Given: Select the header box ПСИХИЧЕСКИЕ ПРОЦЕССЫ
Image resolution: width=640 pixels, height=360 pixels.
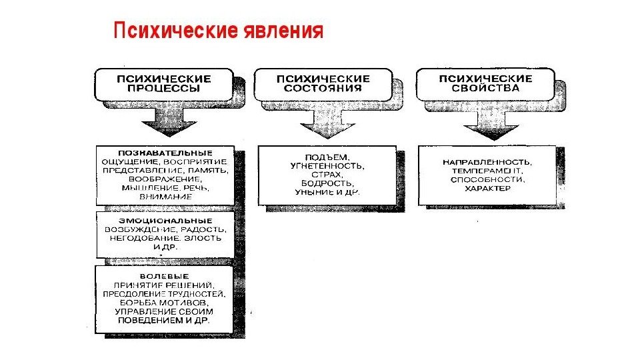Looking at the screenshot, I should [163, 83].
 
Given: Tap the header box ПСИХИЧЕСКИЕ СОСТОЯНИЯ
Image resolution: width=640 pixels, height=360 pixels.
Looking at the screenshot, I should [323, 83].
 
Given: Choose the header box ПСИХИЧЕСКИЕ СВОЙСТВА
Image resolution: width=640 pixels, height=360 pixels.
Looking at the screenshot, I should [485, 83].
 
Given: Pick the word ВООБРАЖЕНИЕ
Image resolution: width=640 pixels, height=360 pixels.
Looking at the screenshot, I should [164, 179].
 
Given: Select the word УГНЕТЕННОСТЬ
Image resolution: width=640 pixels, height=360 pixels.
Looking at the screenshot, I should [327, 164].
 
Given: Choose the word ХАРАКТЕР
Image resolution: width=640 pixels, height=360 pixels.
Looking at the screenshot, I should [488, 189].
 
